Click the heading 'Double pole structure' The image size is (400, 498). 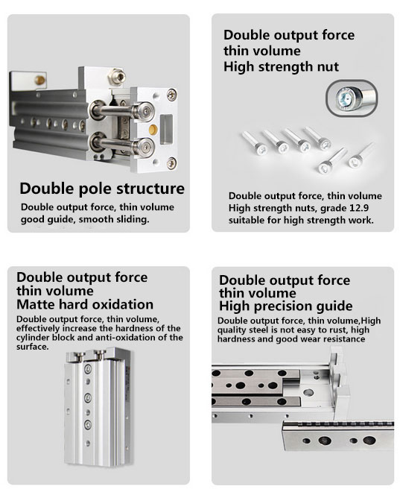[x=102, y=189]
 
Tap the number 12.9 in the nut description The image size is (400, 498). [x=359, y=208]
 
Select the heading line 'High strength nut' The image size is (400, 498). [x=281, y=67]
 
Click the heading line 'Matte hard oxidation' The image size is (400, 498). [x=85, y=304]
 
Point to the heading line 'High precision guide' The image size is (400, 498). [x=285, y=306]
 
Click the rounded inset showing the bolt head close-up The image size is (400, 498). [x=352, y=98]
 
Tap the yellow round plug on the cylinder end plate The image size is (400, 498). [x=153, y=129]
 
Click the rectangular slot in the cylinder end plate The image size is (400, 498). [x=166, y=130]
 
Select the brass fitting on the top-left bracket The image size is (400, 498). [x=39, y=80]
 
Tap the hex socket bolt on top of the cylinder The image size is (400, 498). [x=116, y=76]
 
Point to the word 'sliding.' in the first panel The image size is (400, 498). [x=134, y=219]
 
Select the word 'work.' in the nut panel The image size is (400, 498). [x=361, y=220]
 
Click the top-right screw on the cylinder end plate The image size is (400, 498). [x=171, y=95]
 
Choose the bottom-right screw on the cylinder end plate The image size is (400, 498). [x=171, y=163]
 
